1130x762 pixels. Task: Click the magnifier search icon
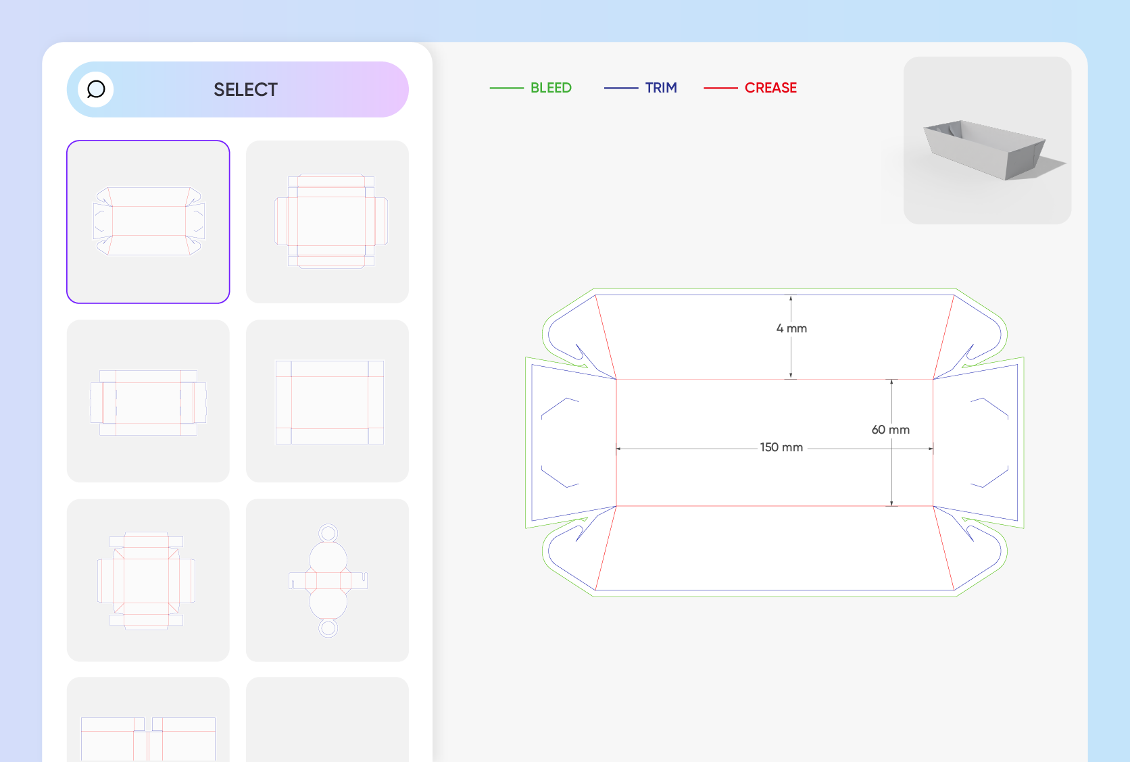point(96,90)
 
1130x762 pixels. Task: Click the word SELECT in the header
point(246,90)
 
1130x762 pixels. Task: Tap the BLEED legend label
point(551,88)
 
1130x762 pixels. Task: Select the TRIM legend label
point(661,88)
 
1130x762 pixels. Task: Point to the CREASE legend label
point(770,88)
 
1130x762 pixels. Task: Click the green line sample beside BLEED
point(506,88)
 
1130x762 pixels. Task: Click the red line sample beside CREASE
point(720,88)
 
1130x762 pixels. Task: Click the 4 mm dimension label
point(791,328)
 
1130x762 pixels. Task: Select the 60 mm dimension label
point(890,430)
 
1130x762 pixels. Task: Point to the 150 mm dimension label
point(781,447)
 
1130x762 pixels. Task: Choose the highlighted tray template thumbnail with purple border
point(148,222)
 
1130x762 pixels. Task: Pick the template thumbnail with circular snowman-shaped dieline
point(327,580)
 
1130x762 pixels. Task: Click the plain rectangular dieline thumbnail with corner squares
point(327,401)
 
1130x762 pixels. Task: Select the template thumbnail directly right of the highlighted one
point(327,222)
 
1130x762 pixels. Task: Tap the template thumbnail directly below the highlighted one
point(148,401)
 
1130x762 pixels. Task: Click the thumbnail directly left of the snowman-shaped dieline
point(148,580)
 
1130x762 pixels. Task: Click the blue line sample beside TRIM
point(621,88)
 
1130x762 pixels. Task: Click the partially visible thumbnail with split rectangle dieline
point(148,720)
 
